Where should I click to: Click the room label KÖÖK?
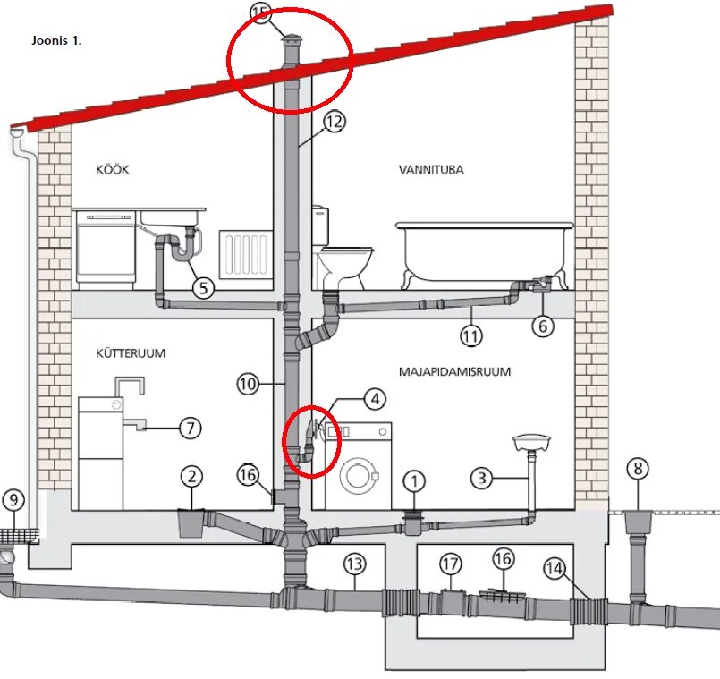coord(113,169)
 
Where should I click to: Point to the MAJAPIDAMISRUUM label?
coord(455,370)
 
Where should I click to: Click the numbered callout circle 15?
coord(259,13)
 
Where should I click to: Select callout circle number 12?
coord(333,123)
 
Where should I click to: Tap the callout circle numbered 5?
coord(204,288)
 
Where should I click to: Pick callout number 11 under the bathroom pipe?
coord(471,335)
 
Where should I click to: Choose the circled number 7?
coord(189,428)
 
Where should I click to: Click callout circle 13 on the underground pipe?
coord(354,564)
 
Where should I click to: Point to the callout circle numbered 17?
coord(450,564)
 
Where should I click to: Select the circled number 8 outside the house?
coord(637,469)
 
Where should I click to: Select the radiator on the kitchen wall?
coord(247,255)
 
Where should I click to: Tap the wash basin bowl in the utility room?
coord(531,442)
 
